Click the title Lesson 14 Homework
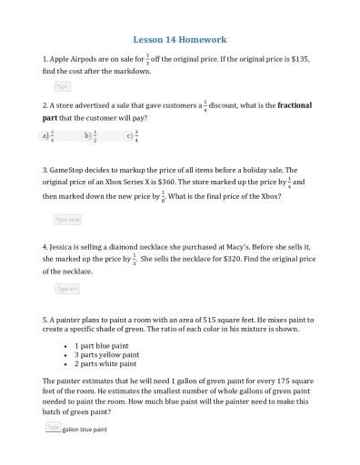pos(179,40)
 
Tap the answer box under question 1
pos(62,86)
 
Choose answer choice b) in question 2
pos(90,136)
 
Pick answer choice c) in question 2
pos(133,136)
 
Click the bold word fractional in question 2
pos(290,105)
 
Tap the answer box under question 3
pos(68,219)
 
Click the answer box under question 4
pos(67,288)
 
